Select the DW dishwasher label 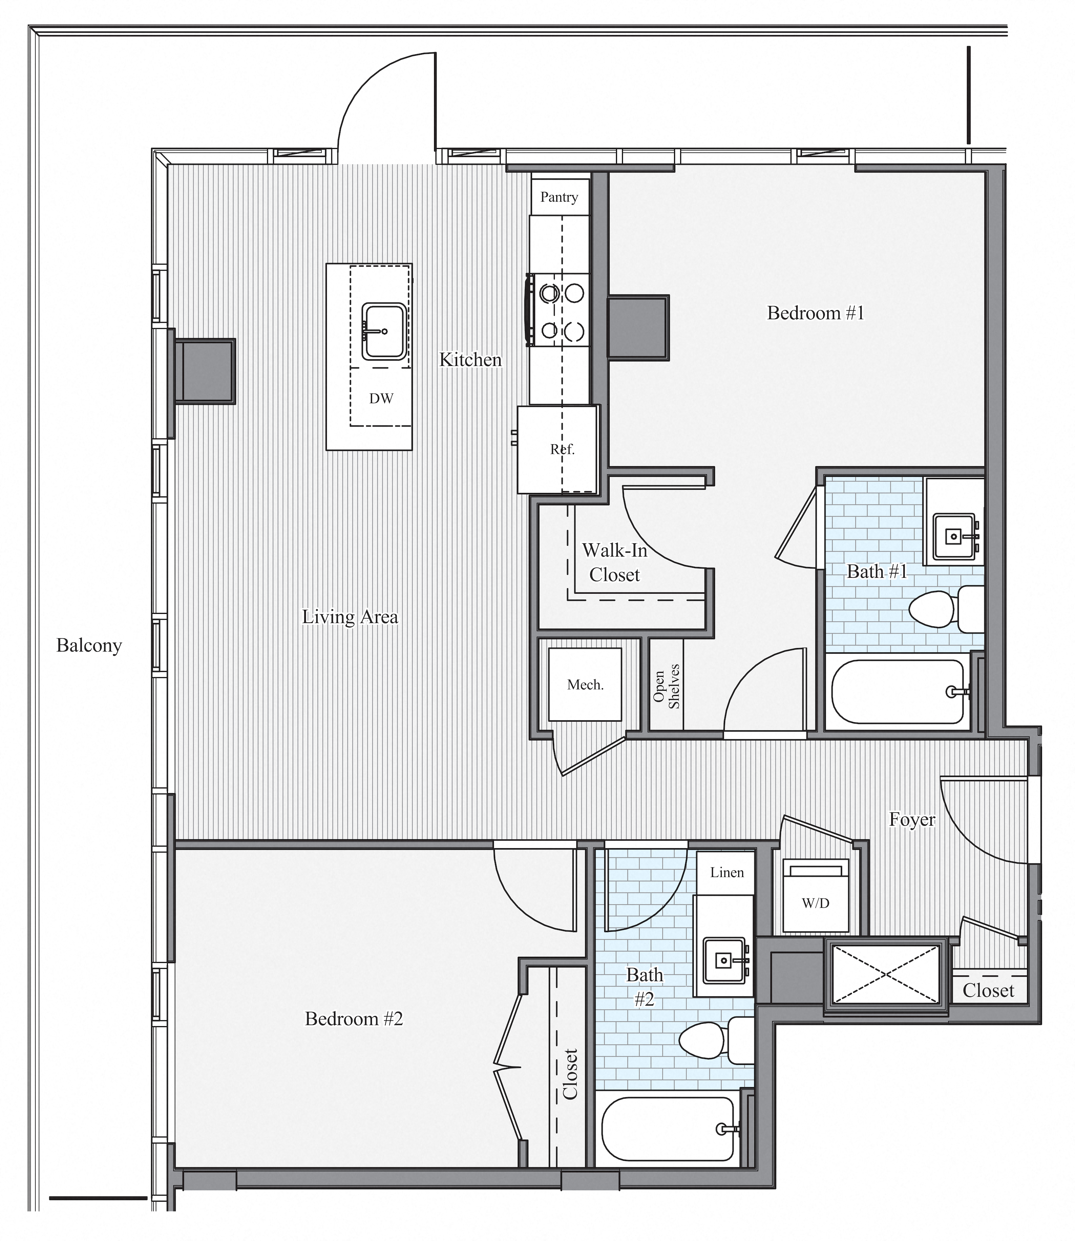coord(381,398)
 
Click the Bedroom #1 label coord(815,313)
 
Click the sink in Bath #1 coord(954,536)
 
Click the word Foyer coord(912,819)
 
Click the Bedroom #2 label coord(354,1018)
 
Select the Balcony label coord(89,645)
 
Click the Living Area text coord(350,617)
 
